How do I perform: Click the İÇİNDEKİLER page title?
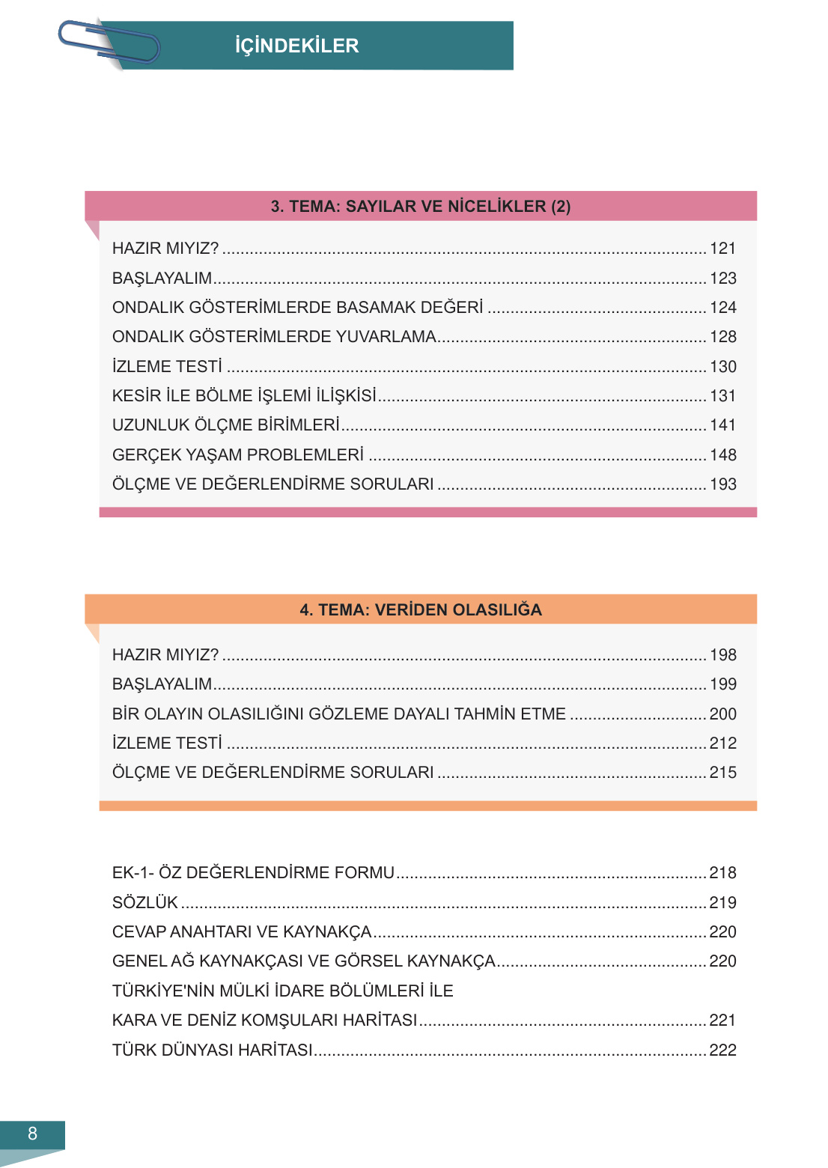(296, 46)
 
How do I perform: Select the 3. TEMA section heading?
(420, 207)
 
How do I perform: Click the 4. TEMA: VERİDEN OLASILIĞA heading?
(420, 609)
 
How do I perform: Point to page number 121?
(722, 249)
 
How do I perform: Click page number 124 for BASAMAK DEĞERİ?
(722, 308)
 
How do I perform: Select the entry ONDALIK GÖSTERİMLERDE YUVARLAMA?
(274, 337)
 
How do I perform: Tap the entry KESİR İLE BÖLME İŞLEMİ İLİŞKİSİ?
(244, 396)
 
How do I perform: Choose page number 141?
(722, 425)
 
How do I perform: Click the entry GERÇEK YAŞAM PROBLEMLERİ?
(238, 455)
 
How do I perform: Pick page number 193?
(722, 484)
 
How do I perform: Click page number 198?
(722, 655)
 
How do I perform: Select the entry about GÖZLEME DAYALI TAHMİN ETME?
(338, 714)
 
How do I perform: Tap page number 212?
(722, 743)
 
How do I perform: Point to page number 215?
(722, 773)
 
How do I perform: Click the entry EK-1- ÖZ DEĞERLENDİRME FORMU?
(253, 873)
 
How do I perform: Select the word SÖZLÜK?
(145, 903)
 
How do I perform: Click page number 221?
(722, 1021)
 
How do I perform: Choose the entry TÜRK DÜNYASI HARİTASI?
(213, 1050)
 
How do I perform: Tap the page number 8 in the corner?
(32, 1134)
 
